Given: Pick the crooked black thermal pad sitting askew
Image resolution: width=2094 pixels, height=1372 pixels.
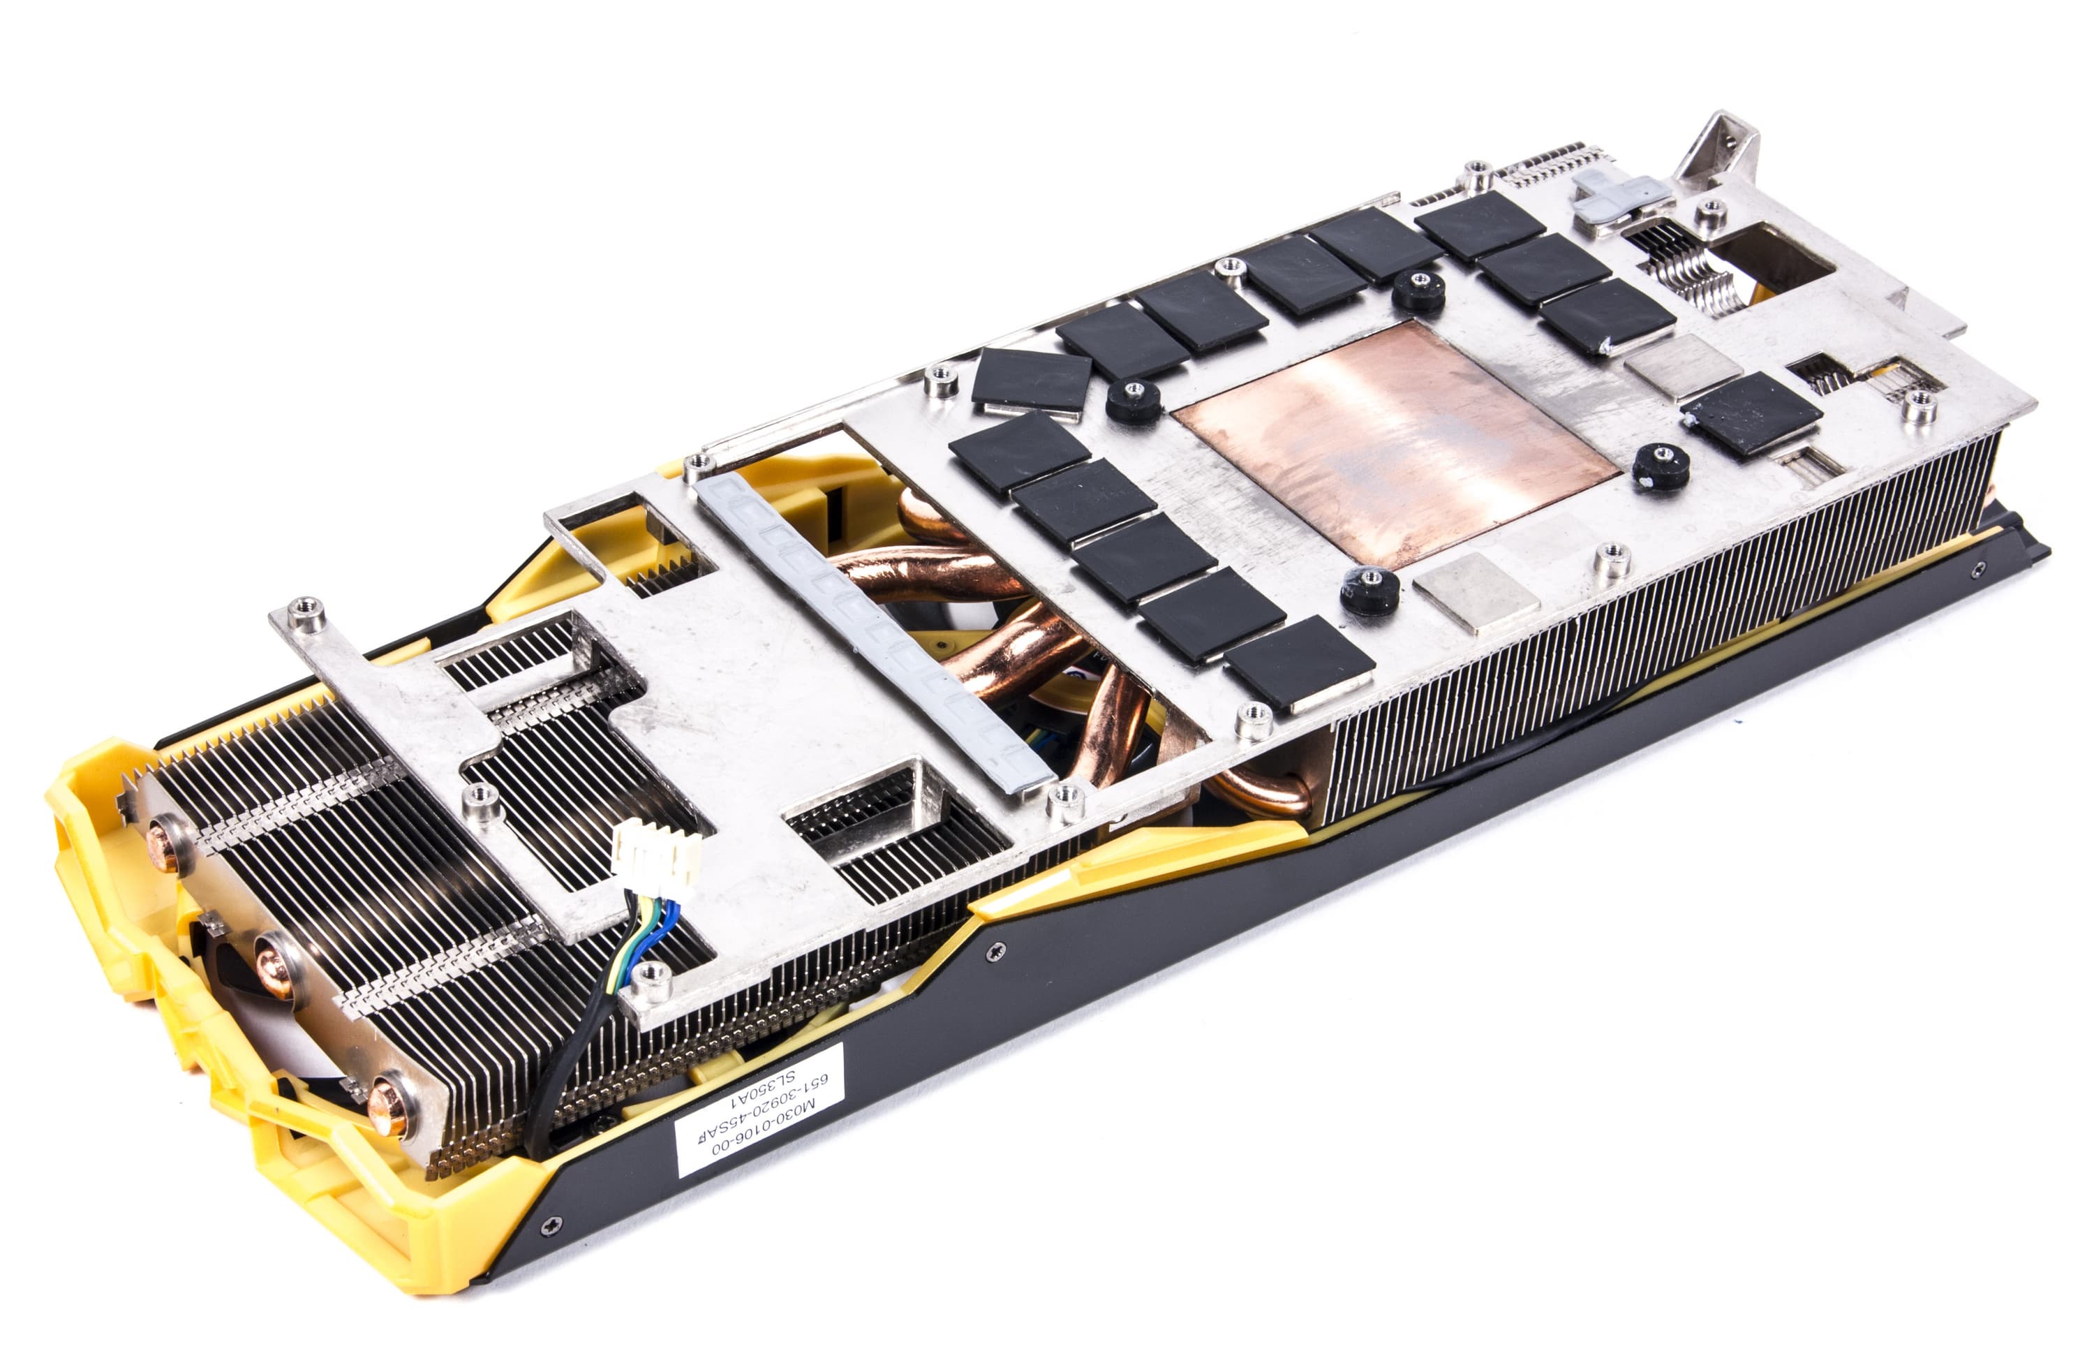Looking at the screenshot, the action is [x=1032, y=381].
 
